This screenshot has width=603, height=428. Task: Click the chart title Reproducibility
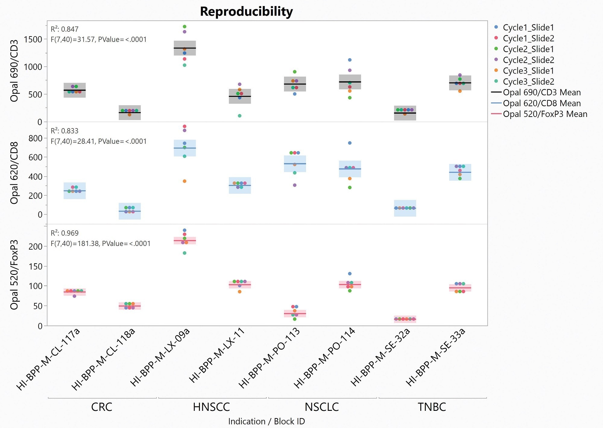click(x=246, y=11)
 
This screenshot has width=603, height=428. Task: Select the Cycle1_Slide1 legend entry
click(x=528, y=27)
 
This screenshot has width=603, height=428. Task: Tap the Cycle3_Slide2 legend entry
click(x=528, y=82)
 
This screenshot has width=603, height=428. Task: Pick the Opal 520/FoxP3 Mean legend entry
click(x=545, y=114)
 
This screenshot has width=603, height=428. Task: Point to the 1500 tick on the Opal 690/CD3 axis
click(x=33, y=39)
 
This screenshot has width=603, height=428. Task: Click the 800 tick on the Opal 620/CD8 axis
click(x=36, y=138)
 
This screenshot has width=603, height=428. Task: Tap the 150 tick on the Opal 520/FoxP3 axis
click(x=36, y=266)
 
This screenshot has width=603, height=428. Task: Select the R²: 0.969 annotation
click(x=65, y=233)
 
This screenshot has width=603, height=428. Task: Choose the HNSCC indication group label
click(x=211, y=407)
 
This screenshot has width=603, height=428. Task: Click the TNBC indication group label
click(x=432, y=407)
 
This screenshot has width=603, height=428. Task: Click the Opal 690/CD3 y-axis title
click(x=14, y=71)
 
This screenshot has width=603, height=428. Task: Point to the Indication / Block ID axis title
click(x=267, y=421)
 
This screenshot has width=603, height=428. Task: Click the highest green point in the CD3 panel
click(x=185, y=27)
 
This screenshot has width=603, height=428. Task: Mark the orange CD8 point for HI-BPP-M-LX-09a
click(x=185, y=181)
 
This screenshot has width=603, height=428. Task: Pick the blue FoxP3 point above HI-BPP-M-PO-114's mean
click(x=350, y=274)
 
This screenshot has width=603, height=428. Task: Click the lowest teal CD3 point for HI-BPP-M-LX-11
click(x=240, y=116)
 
